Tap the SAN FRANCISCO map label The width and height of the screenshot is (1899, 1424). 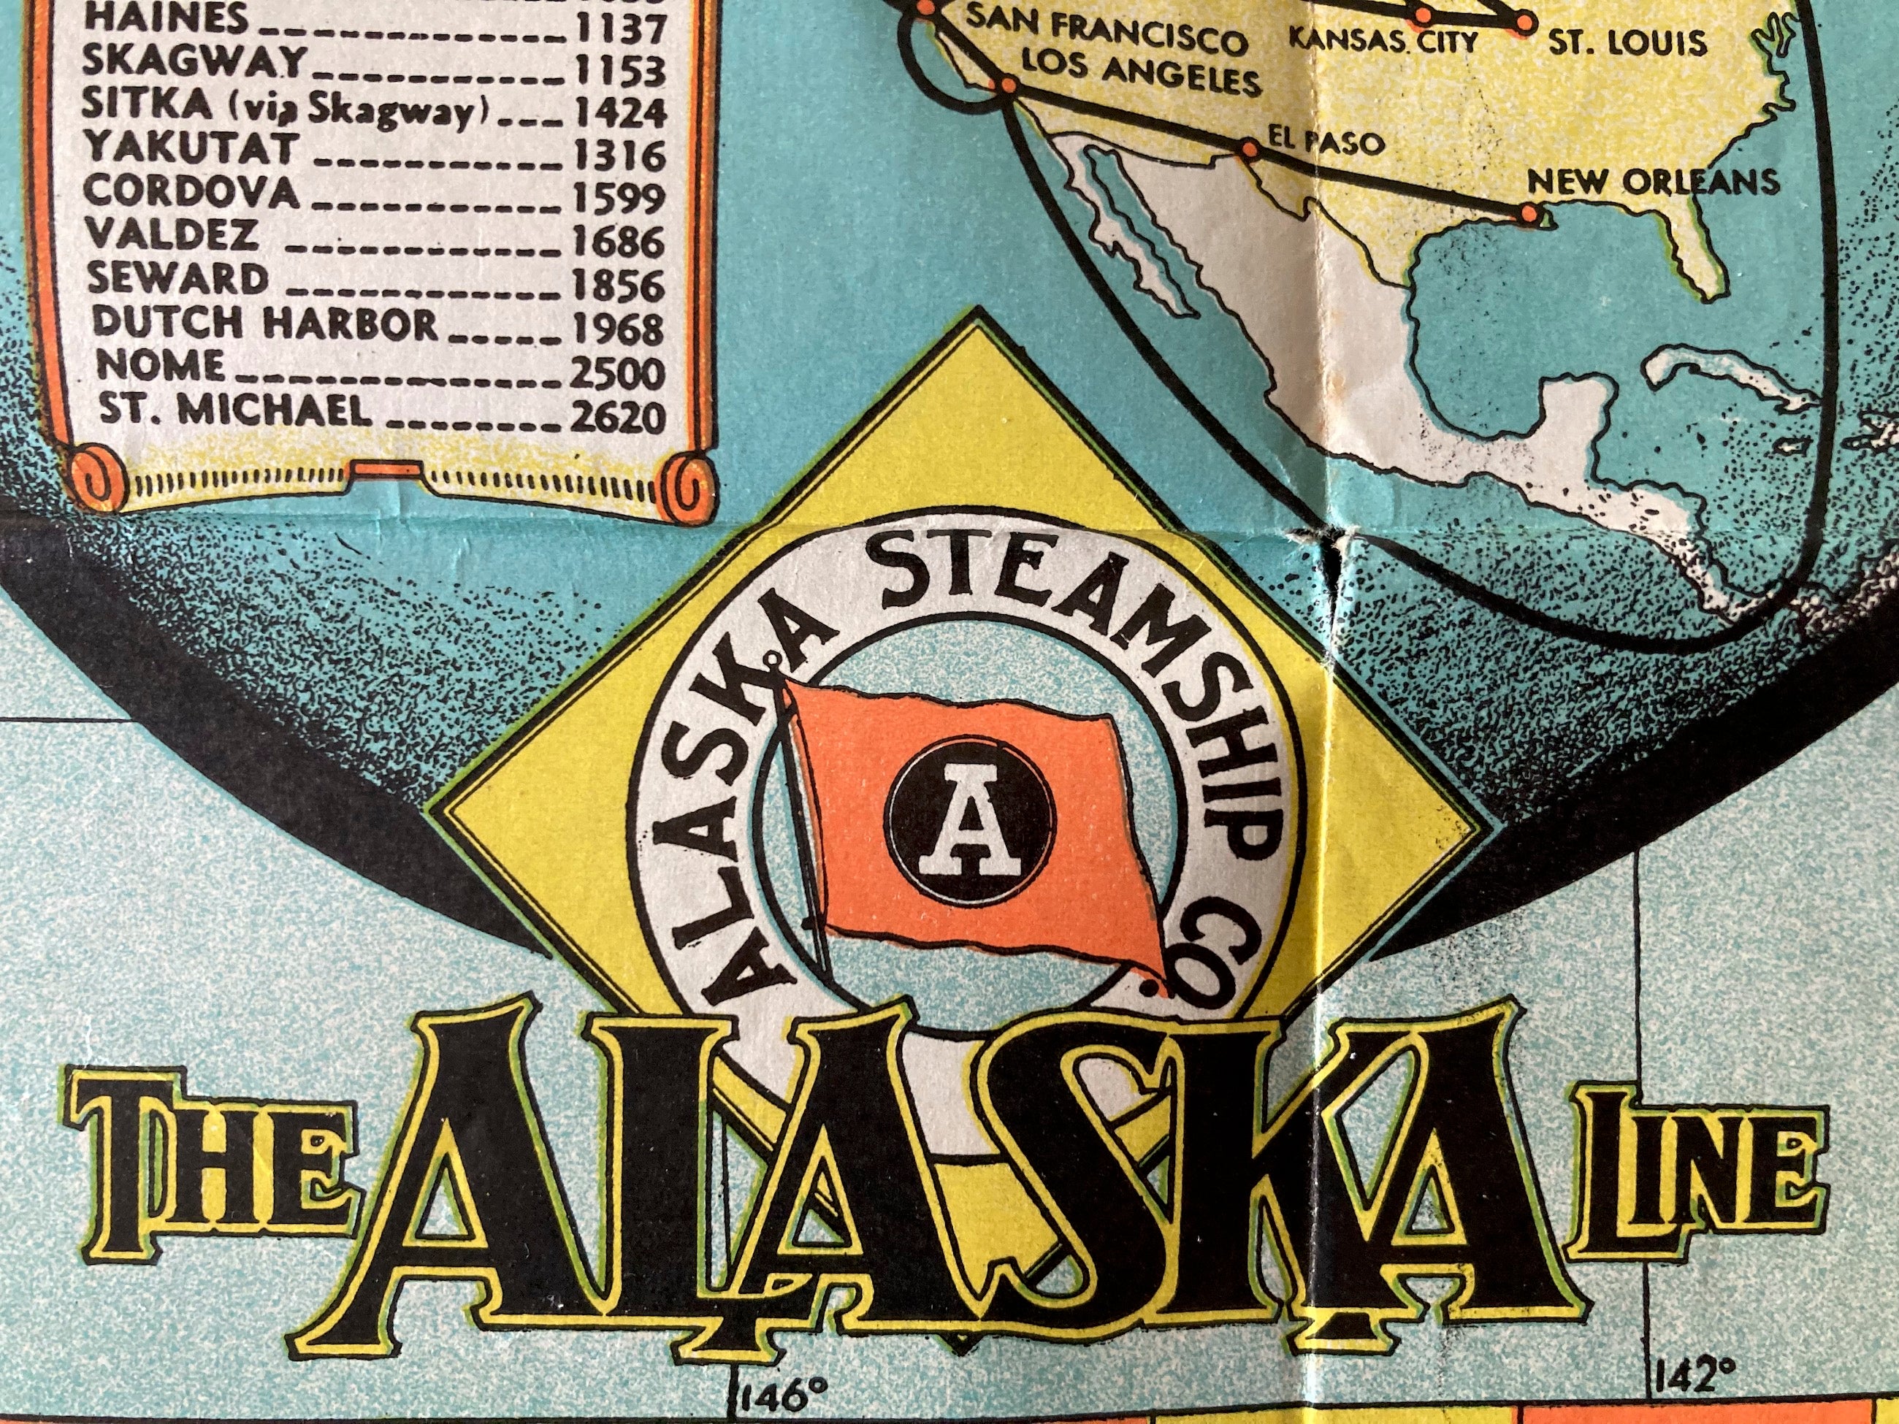[1107, 39]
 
